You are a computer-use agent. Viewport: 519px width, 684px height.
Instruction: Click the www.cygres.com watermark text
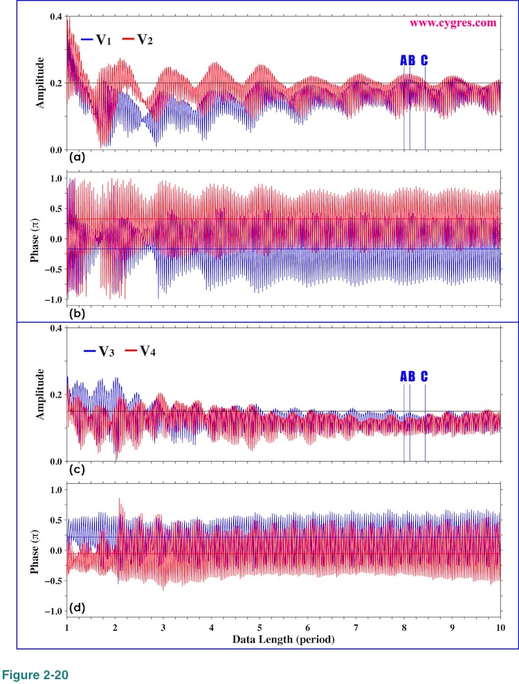[453, 22]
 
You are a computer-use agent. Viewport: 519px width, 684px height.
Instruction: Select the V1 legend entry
[97, 40]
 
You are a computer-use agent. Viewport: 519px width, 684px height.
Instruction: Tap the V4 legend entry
[141, 351]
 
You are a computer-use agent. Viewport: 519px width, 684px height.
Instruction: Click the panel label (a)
[77, 158]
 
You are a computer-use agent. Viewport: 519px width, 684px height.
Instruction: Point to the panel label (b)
[77, 314]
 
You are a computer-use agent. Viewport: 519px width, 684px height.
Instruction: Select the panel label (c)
[77, 469]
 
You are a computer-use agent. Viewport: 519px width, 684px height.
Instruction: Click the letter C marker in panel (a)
[424, 60]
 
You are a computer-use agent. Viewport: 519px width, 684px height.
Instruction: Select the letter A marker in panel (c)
[403, 377]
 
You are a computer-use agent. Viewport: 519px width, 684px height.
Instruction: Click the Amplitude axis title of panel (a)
[40, 83]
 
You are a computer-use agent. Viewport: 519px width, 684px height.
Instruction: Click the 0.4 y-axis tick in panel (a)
[54, 16]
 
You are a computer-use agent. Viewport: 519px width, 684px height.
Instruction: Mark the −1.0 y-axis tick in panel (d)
[52, 612]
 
